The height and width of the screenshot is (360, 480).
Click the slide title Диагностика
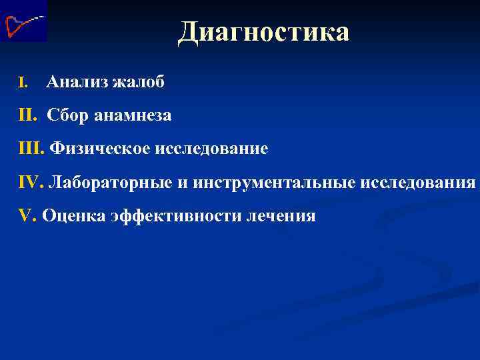pyautogui.click(x=263, y=31)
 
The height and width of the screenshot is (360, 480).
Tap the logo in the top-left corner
pyautogui.click(x=23, y=21)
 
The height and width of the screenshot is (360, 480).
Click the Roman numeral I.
pyautogui.click(x=23, y=83)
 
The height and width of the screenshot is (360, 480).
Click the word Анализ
pyautogui.click(x=77, y=83)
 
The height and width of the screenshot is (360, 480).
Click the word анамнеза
pyautogui.click(x=131, y=116)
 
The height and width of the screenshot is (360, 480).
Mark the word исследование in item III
pyautogui.click(x=211, y=149)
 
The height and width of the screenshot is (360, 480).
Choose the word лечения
pyautogui.click(x=282, y=215)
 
